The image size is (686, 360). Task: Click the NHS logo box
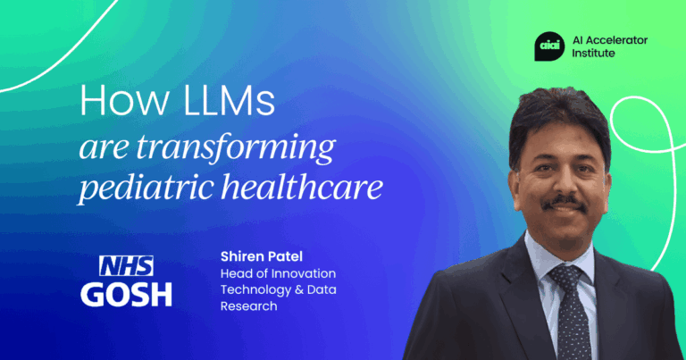[126, 265]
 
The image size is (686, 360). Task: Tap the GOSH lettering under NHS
[126, 293]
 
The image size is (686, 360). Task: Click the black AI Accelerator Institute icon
[548, 45]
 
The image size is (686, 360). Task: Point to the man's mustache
[564, 204]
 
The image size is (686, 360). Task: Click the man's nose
[565, 183]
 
